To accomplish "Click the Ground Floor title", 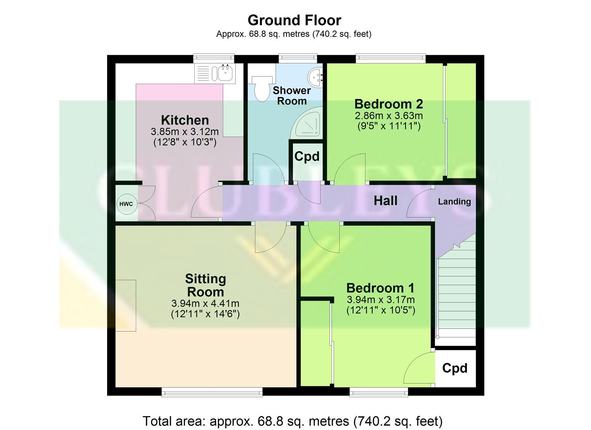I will (294, 20).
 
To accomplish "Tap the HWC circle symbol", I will (126, 204).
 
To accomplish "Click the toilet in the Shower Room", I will (261, 88).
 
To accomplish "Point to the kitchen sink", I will (225, 73).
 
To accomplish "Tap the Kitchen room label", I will (185, 120).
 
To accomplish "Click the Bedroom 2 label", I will (388, 104).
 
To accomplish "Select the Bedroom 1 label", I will (380, 288).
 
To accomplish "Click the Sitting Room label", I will (205, 285).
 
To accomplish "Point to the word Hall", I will (385, 201).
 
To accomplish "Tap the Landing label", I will (454, 201).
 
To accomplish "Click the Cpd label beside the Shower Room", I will (306, 156).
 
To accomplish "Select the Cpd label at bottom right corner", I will (454, 368).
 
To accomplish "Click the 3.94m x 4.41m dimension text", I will (205, 303).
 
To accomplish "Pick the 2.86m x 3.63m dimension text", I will (388, 116).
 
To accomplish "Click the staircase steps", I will (456, 295).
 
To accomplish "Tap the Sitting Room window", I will (212, 392).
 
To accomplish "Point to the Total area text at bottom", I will (293, 421).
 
